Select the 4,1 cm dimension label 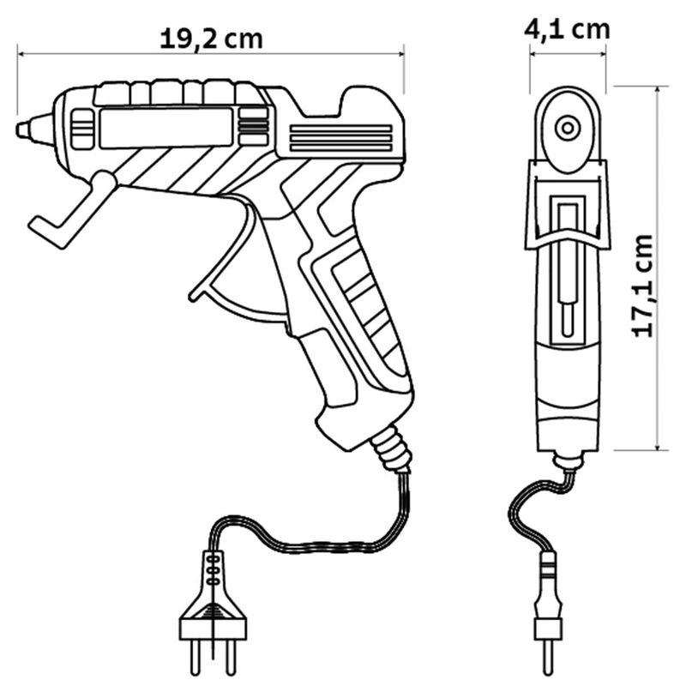[x=567, y=29]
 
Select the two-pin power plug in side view [x=210, y=613]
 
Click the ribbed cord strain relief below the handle [x=389, y=450]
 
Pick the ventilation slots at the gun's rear [x=340, y=138]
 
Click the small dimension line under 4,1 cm [x=567, y=54]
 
